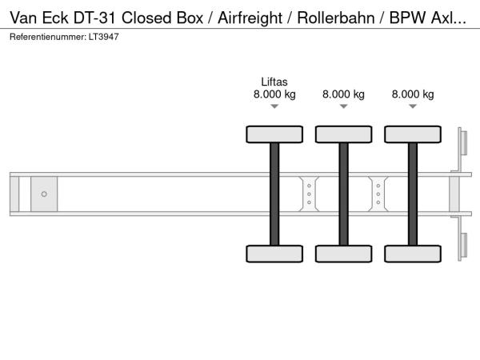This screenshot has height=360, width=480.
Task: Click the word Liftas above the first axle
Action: pyautogui.click(x=274, y=82)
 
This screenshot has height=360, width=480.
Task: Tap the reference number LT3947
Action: pyautogui.click(x=104, y=37)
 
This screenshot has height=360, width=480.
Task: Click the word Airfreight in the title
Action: pyautogui.click(x=250, y=18)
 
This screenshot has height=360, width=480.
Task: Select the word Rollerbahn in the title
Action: pyautogui.click(x=336, y=18)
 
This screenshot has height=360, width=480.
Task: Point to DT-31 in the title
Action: pyautogui.click(x=94, y=18)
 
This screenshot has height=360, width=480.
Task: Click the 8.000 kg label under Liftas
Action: pyautogui.click(x=274, y=94)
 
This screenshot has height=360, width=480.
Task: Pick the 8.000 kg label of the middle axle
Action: pyautogui.click(x=343, y=94)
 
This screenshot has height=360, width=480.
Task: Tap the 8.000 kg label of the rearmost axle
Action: pyautogui.click(x=413, y=94)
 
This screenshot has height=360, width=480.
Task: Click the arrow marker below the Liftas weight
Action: pyautogui.click(x=274, y=106)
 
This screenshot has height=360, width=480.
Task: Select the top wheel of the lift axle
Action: pyautogui.click(x=274, y=134)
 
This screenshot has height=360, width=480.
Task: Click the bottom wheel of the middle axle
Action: pyautogui.click(x=344, y=254)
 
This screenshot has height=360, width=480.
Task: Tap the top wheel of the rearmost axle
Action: pyautogui.click(x=413, y=134)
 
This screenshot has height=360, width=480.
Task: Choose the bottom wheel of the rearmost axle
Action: pyautogui.click(x=413, y=254)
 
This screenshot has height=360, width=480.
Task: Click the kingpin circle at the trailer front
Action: pyautogui.click(x=44, y=194)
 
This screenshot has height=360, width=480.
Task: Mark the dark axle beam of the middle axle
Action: pyautogui.click(x=344, y=194)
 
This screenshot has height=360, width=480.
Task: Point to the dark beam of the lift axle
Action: pyautogui.click(x=274, y=194)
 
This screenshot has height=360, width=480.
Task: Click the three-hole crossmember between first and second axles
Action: pyautogui.click(x=309, y=194)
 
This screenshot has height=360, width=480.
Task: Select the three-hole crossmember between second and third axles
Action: pyautogui.click(x=378, y=194)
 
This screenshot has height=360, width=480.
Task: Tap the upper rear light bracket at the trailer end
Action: pyautogui.click(x=462, y=147)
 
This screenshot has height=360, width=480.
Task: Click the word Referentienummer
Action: pyautogui.click(x=48, y=37)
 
